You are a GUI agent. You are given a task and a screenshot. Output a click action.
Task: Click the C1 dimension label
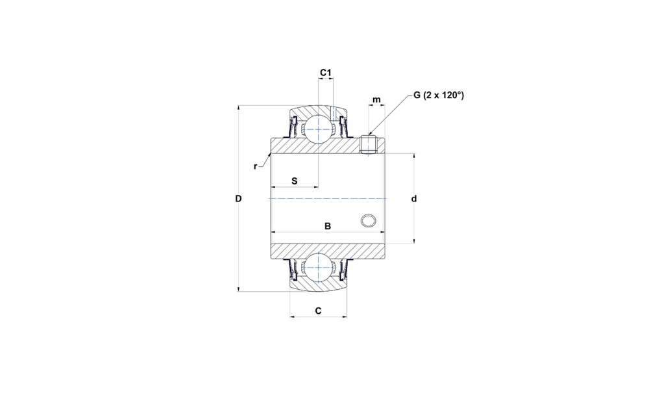[326, 73]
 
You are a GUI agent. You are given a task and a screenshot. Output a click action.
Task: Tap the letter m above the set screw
[376, 99]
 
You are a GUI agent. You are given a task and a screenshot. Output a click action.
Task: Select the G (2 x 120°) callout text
[438, 96]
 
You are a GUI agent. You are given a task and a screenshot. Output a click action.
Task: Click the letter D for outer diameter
[238, 199]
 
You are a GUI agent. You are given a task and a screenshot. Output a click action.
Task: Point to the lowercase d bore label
[414, 199]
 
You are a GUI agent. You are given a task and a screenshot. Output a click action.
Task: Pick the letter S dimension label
[294, 181]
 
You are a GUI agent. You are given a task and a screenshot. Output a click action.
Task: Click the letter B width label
[327, 226]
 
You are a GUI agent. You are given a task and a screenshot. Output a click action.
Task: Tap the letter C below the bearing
[318, 311]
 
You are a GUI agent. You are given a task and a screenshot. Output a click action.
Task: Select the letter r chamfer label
[255, 167]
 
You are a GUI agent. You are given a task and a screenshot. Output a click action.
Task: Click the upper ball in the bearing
[318, 129]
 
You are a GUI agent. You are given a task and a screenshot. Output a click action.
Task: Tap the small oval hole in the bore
[367, 220]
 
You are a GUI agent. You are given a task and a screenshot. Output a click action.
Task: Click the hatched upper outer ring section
[318, 112]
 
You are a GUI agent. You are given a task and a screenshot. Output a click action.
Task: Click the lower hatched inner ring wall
[327, 252]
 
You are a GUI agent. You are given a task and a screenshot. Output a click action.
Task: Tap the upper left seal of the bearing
[294, 127]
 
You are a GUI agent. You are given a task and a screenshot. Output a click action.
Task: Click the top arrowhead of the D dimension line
[238, 109]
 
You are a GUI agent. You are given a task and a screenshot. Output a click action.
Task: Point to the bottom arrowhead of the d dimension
[414, 240]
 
